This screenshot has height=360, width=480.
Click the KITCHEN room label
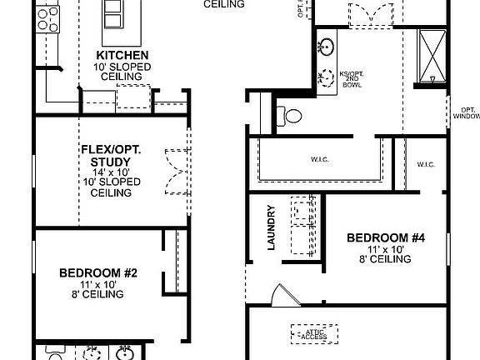coord(122,55)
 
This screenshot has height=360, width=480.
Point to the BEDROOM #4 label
coord(386,237)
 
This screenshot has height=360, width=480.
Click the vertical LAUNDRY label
coord(271,227)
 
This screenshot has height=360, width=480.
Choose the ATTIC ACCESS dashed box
coord(314,333)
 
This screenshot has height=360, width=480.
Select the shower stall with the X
coord(432,55)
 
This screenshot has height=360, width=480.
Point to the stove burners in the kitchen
coord(48,19)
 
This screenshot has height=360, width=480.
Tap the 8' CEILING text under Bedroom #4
coord(386,259)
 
